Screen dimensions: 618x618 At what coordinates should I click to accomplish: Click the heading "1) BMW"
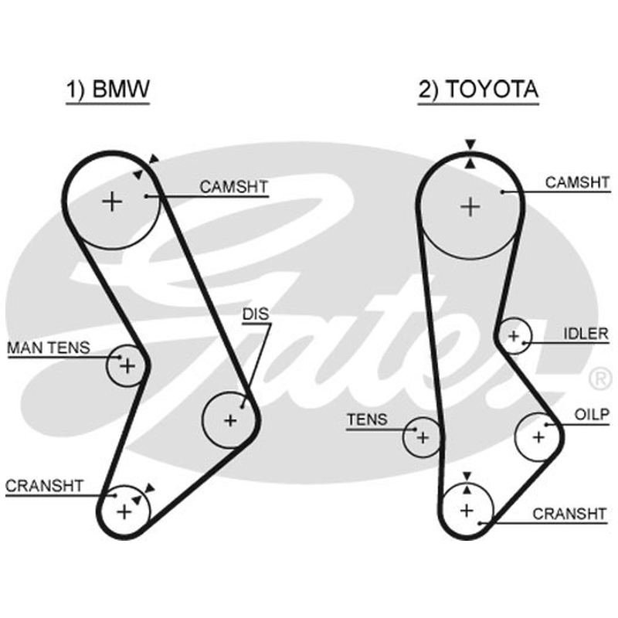point(107,89)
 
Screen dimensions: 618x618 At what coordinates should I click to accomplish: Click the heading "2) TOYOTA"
point(478,89)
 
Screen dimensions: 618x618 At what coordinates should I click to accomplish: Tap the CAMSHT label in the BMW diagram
point(234,187)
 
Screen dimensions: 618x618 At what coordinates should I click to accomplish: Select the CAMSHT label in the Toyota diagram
point(577,182)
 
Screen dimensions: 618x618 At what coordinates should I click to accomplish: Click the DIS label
point(256,314)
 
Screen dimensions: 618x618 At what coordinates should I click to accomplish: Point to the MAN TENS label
point(49,348)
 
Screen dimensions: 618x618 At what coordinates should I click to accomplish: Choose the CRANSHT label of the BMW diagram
point(44,486)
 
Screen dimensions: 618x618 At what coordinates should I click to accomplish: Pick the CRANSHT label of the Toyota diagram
point(569,514)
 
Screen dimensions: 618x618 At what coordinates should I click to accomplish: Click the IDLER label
point(586,334)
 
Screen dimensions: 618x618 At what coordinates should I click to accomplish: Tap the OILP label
point(592,415)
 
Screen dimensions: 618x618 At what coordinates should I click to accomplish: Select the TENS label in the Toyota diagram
point(367,419)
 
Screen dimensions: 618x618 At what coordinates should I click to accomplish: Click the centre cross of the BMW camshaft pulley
point(112,202)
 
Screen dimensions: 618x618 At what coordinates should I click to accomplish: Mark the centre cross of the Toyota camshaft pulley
point(470,207)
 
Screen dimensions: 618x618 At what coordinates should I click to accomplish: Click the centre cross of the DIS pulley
point(230,420)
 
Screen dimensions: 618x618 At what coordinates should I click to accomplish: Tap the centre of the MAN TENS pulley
point(127,365)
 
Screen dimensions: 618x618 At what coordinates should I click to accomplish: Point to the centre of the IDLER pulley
point(514,336)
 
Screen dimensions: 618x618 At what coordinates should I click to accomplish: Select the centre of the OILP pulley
point(538,437)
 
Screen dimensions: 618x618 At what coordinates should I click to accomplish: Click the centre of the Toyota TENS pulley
point(423,437)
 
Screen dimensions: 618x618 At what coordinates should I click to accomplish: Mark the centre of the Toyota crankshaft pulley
point(467,511)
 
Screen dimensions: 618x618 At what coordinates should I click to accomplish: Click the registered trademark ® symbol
point(600,379)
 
